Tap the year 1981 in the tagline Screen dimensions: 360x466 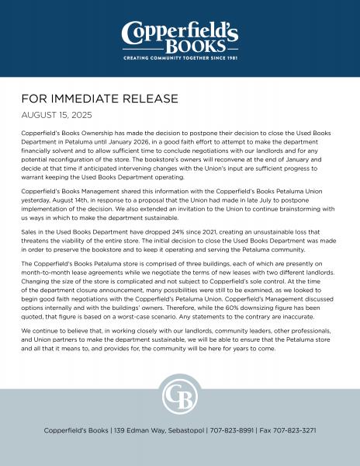(229, 58)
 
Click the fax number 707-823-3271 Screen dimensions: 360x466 (293, 429)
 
